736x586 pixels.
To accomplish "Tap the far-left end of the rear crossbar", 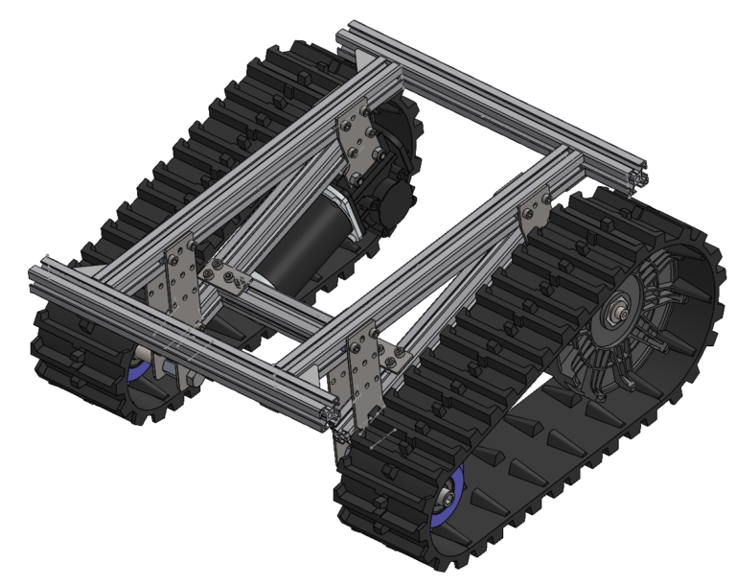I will [x=343, y=41].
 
